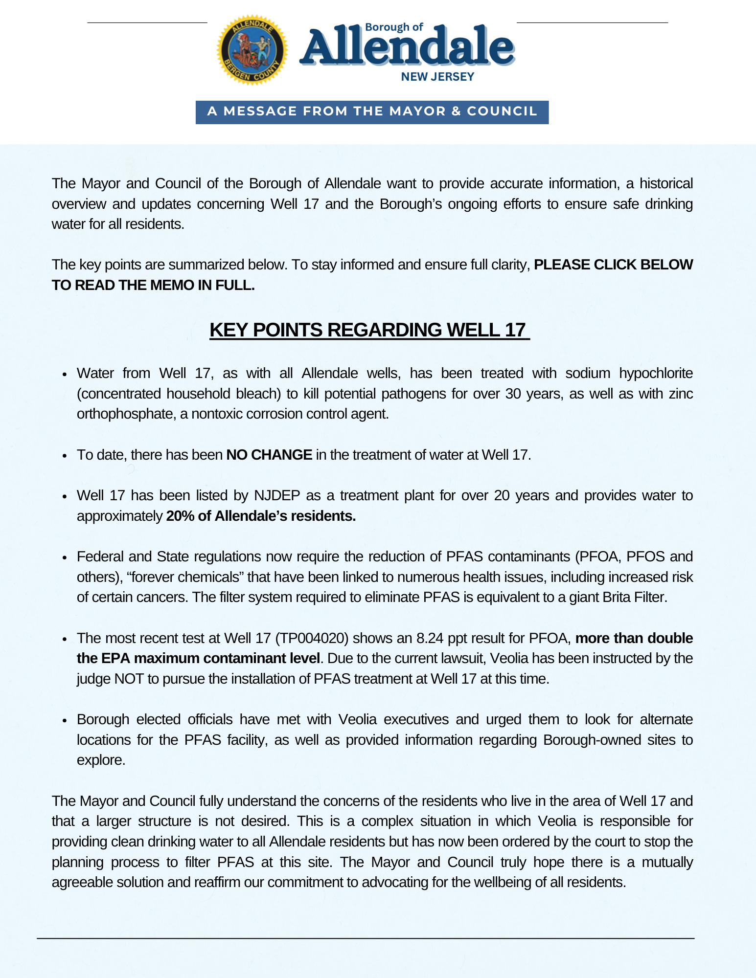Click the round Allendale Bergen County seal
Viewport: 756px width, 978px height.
pyautogui.click(x=252, y=50)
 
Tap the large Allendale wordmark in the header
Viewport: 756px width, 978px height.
pyautogui.click(x=407, y=47)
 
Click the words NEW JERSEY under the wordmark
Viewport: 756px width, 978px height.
pyautogui.click(x=437, y=77)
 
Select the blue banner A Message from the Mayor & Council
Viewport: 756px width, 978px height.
pyautogui.click(x=372, y=112)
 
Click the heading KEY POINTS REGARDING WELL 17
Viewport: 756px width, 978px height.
pyautogui.click(x=369, y=330)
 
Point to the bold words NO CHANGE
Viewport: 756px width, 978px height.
pyautogui.click(x=269, y=455)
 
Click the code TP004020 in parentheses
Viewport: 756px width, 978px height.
pyautogui.click(x=312, y=638)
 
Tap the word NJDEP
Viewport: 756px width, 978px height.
pyautogui.click(x=277, y=495)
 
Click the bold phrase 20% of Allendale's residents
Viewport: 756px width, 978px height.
pyautogui.click(x=261, y=516)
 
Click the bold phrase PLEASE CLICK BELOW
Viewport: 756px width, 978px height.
pyautogui.click(x=613, y=265)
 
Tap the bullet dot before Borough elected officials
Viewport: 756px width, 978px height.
pyautogui.click(x=64, y=720)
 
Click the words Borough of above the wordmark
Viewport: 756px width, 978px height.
pyautogui.click(x=394, y=27)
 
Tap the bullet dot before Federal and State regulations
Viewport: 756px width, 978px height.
pyautogui.click(x=64, y=557)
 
